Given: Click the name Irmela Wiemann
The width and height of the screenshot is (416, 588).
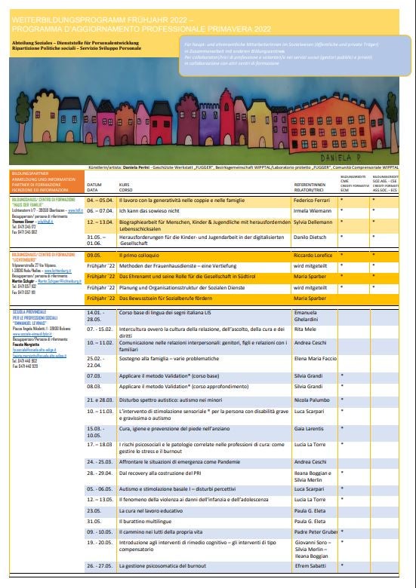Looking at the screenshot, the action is [313, 213].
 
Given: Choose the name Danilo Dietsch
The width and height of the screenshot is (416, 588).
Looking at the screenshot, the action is [310, 237].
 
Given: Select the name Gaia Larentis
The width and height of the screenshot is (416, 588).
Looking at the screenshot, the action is [309, 429].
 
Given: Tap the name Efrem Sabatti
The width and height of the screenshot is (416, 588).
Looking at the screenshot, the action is [310, 565].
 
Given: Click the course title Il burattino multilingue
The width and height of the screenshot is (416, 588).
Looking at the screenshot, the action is [147, 521].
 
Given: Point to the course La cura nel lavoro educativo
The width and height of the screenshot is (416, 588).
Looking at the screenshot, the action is [153, 510].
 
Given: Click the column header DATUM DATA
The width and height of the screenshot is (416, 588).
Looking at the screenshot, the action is [94, 186].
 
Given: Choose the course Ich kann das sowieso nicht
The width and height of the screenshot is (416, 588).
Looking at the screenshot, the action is [154, 213].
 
